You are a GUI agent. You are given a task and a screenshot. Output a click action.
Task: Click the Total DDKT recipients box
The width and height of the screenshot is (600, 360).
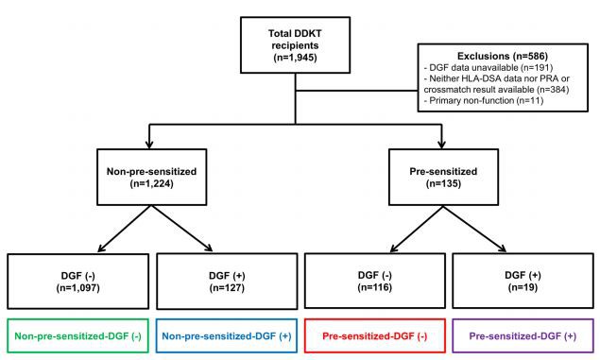pyautogui.click(x=296, y=45)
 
